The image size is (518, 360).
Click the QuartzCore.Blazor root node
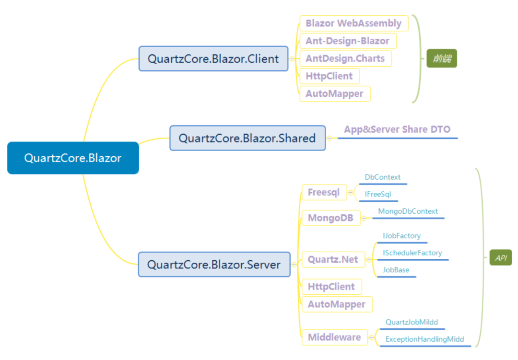pos(73,158)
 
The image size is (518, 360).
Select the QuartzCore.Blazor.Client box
pos(213,59)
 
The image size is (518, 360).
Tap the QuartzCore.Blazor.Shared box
pos(247,138)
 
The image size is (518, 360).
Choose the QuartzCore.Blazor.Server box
pos(214,265)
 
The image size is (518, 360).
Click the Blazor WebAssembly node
pos(354,23)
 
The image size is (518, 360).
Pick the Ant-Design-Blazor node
pos(348,41)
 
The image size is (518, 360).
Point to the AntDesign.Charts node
pos(345,58)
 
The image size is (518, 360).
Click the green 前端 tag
pos(442,58)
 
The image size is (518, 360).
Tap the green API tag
pos(501,257)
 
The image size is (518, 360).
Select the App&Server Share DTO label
pos(398,129)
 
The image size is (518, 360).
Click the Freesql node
pos(324,192)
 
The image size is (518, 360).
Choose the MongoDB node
pos(331,218)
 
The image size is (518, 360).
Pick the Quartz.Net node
pos(333,260)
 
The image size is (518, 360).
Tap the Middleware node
pos(335,337)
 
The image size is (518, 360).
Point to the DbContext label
pos(383,177)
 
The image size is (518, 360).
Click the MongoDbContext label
pos(408,211)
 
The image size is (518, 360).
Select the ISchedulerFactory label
pos(412,253)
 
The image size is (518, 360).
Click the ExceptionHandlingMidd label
pos(425,339)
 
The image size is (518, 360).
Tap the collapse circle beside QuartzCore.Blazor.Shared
pos(330,138)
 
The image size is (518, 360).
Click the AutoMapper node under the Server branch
pos(337,304)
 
